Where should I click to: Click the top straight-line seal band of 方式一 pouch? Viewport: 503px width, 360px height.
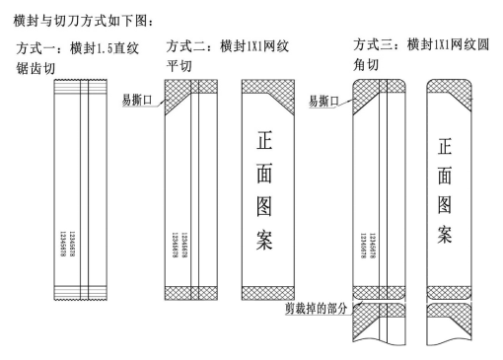pos(69,87)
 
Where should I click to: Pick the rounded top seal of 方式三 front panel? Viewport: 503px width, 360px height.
pos(446,89)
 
